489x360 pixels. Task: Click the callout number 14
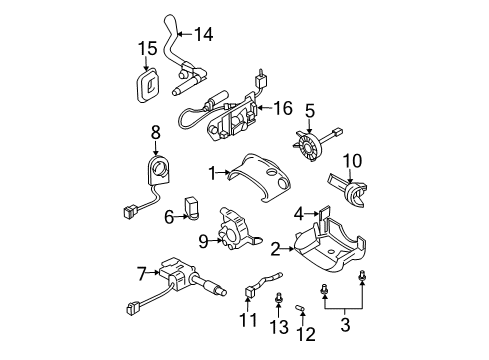[x=203, y=34]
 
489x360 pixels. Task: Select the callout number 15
[x=148, y=48]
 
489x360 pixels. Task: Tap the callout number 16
[x=283, y=108]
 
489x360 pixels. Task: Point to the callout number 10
[x=352, y=161]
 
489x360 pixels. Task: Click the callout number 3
[x=345, y=324]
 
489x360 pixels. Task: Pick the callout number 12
[x=306, y=334]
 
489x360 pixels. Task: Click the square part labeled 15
[x=147, y=86]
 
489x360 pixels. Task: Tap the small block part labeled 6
[x=191, y=208]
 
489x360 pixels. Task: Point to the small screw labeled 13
[x=279, y=298]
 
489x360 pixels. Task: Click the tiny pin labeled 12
[x=300, y=308]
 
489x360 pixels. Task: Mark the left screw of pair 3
[x=323, y=290]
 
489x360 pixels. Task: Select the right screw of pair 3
[x=362, y=277]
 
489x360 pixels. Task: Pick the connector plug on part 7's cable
[x=132, y=309]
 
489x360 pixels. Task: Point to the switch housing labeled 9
[x=235, y=230]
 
